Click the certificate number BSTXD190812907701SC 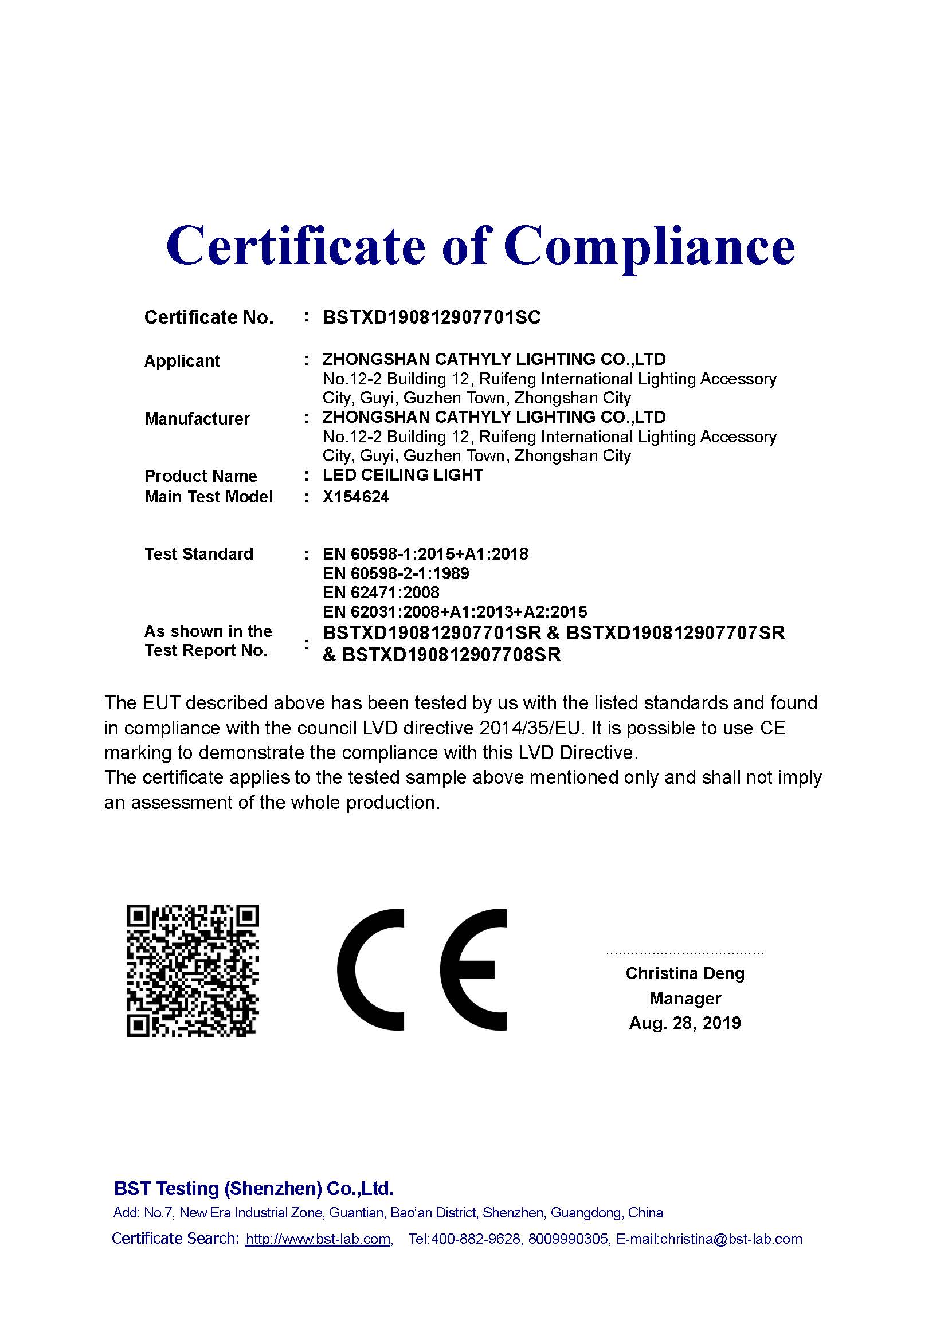[x=432, y=317]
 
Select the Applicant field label [x=182, y=361]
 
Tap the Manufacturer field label [x=197, y=418]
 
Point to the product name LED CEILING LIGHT [x=403, y=475]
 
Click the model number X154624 [x=355, y=497]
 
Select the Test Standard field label [x=198, y=554]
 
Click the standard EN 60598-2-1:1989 [x=396, y=573]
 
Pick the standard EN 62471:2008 [x=381, y=592]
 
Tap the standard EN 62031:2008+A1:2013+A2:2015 [x=455, y=612]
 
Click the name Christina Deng [x=685, y=973]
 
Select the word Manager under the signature [x=685, y=998]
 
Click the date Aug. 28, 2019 [x=685, y=1023]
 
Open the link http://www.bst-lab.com [x=318, y=1239]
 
